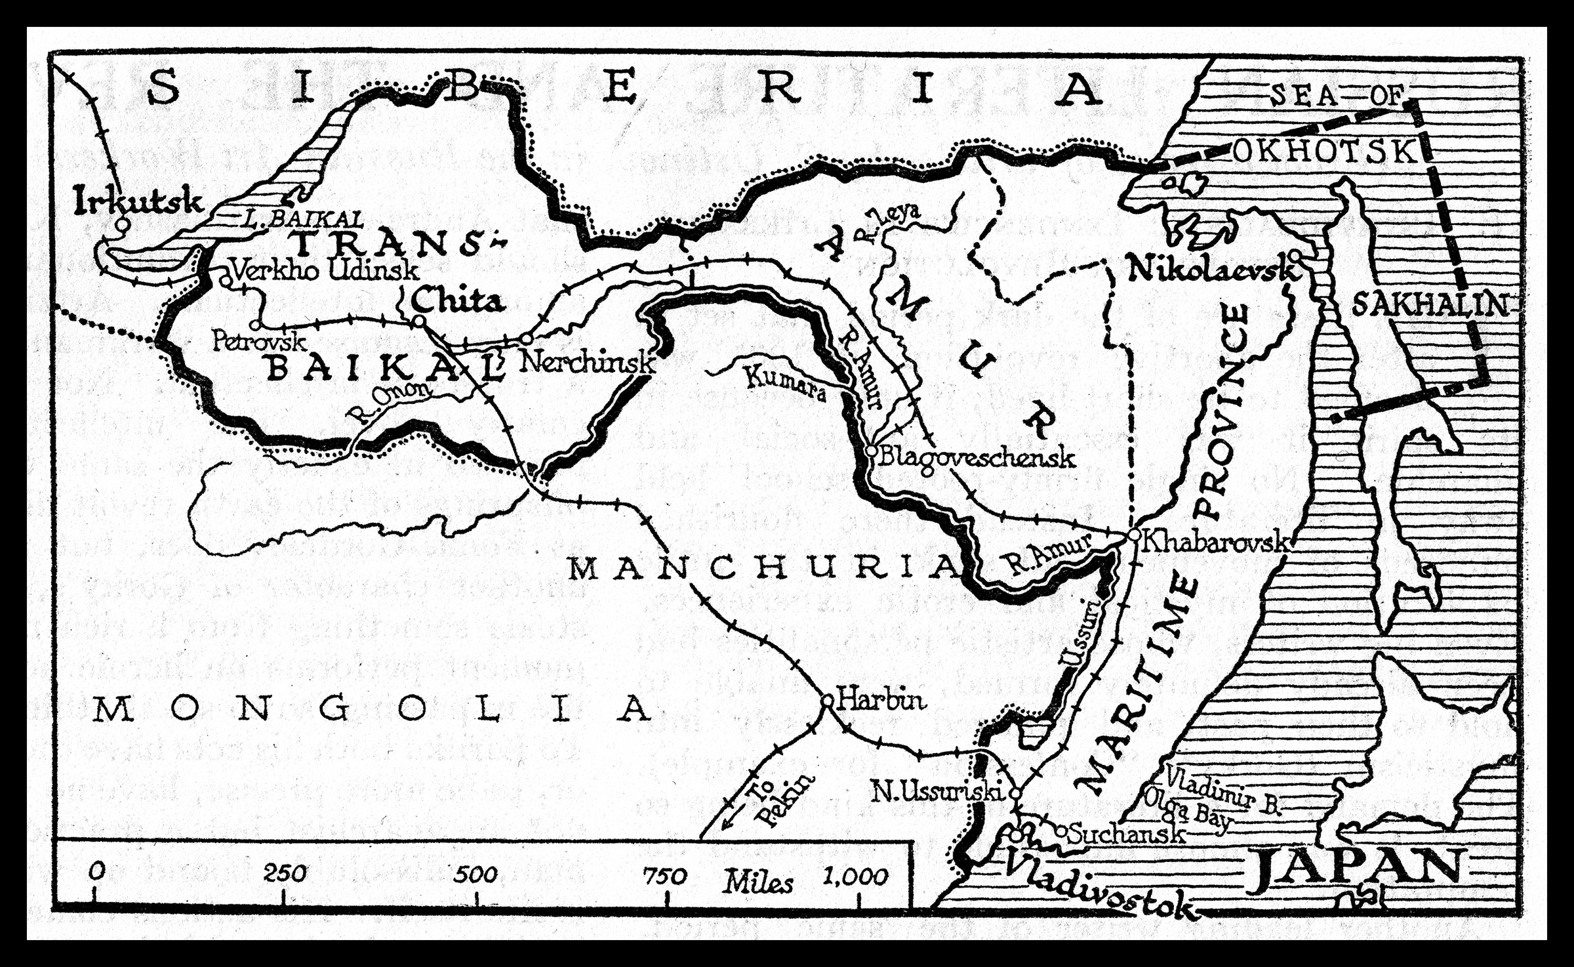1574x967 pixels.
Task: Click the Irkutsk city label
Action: (138, 200)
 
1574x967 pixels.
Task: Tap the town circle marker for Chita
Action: (418, 321)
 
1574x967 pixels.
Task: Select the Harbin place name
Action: (882, 700)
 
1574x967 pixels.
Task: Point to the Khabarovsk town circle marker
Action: (1134, 535)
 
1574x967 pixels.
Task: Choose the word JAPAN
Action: (1354, 869)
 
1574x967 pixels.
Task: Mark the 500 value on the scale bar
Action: (476, 874)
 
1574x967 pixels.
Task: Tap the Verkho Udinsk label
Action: (325, 270)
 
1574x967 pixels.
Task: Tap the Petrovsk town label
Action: (259, 341)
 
